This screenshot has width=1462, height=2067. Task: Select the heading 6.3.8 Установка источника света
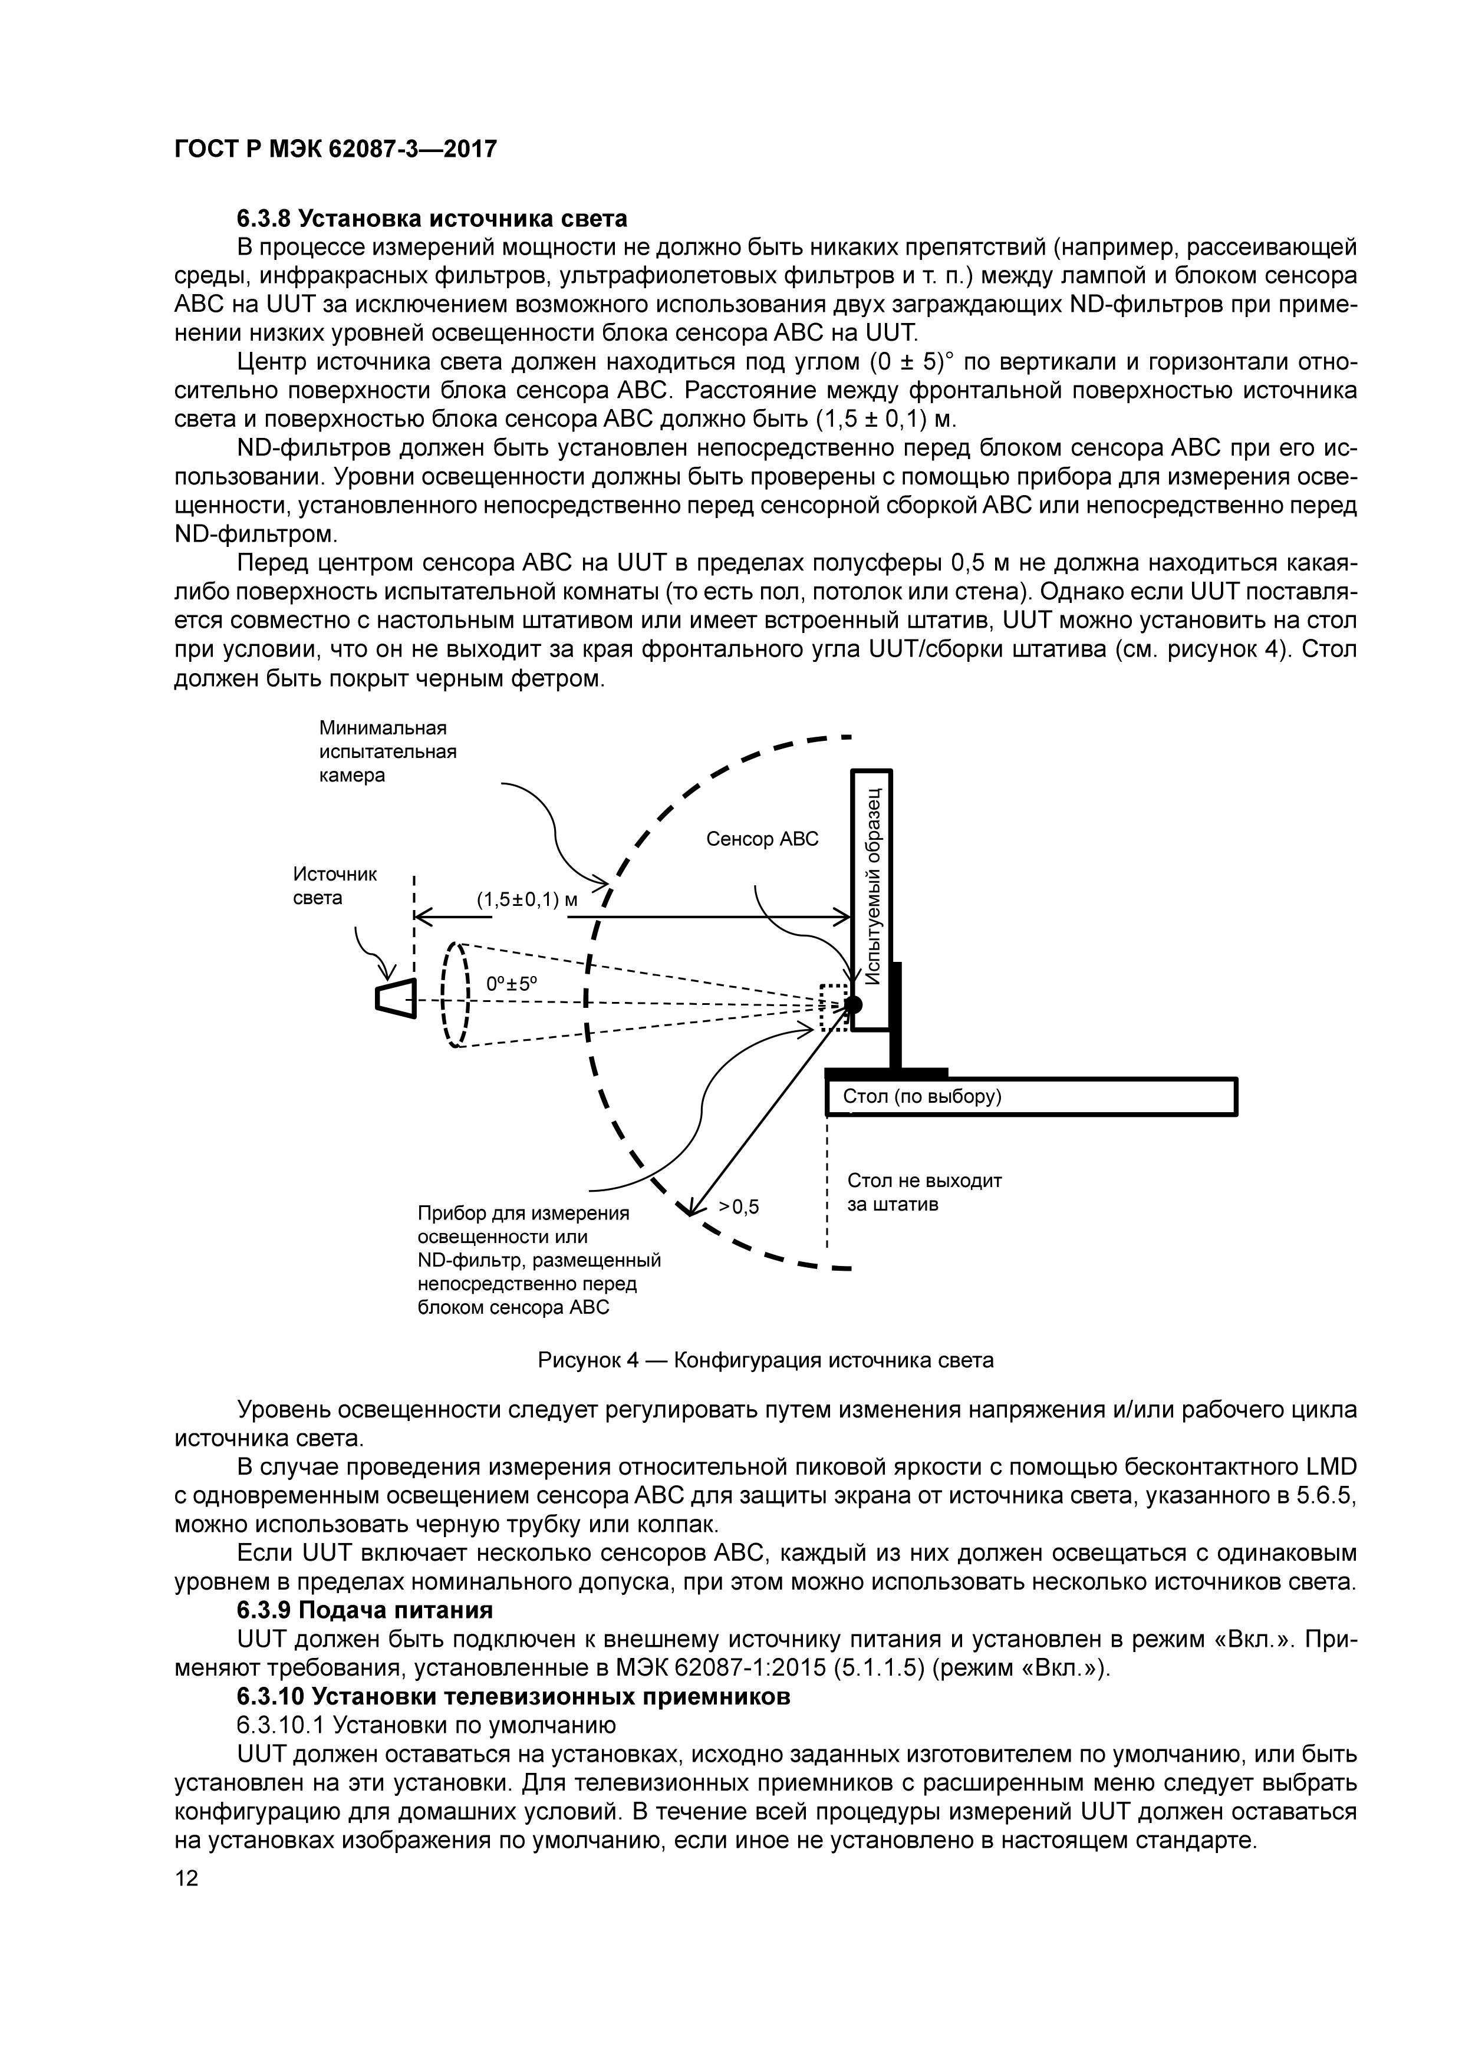tap(432, 219)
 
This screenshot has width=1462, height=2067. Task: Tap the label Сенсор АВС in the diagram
tap(762, 839)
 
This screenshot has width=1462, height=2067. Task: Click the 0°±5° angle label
tap(511, 985)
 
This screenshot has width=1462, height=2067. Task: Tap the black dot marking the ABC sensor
tap(852, 1004)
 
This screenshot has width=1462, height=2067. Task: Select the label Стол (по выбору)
tap(922, 1096)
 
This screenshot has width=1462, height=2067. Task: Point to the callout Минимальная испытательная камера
tap(388, 751)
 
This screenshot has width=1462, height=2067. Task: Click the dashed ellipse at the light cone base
tap(456, 995)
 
